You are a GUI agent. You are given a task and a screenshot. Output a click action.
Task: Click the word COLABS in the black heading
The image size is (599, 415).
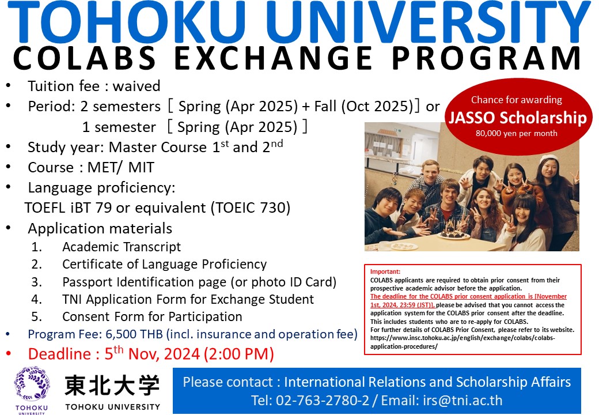tap(85, 58)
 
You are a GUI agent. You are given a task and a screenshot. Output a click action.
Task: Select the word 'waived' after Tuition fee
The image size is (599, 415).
tap(137, 86)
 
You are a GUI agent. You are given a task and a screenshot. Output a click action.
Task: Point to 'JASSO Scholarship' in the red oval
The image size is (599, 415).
tap(517, 118)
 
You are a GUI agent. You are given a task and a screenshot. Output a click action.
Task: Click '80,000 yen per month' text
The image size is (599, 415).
tap(517, 133)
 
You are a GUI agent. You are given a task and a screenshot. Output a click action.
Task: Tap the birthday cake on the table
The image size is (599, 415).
tap(453, 231)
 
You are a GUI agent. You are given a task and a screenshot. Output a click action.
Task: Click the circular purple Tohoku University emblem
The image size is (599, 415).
tap(32, 384)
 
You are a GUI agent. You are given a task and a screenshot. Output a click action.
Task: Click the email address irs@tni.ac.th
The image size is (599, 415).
tap(462, 400)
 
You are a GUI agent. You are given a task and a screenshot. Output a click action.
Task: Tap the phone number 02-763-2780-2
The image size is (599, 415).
tap(323, 400)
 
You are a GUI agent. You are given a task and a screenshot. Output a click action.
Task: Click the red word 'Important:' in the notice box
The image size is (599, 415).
tap(385, 271)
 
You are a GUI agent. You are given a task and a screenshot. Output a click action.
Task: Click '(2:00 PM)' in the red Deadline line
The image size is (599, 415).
tap(239, 354)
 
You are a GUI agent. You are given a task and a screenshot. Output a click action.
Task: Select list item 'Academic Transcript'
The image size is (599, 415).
tap(122, 247)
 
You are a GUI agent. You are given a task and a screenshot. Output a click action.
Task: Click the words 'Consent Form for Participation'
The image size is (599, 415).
tap(152, 317)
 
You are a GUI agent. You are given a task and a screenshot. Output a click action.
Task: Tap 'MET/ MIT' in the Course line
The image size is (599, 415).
tap(121, 167)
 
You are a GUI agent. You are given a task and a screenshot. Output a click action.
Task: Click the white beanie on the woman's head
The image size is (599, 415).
tap(549, 159)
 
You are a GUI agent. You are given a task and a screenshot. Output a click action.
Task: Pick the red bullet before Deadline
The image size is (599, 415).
tap(9, 354)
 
